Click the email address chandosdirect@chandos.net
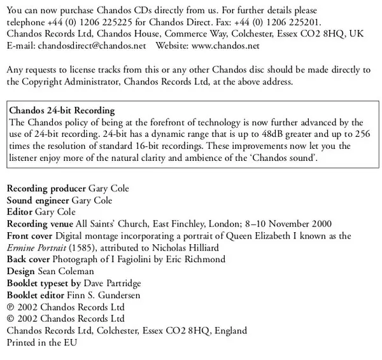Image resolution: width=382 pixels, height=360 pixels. (91, 46)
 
